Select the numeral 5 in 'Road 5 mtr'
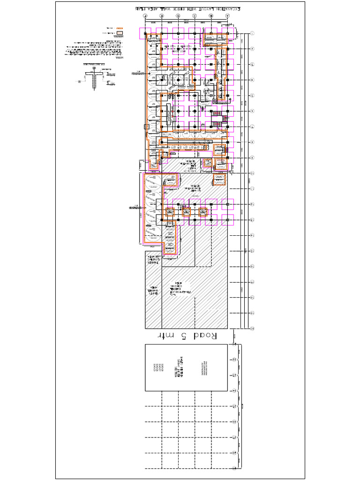tap(183, 336)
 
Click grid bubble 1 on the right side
tap(252, 33)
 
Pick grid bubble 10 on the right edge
tap(252, 173)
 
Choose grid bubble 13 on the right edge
tap(252, 219)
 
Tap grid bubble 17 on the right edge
tap(252, 282)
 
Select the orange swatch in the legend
tap(120, 28)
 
